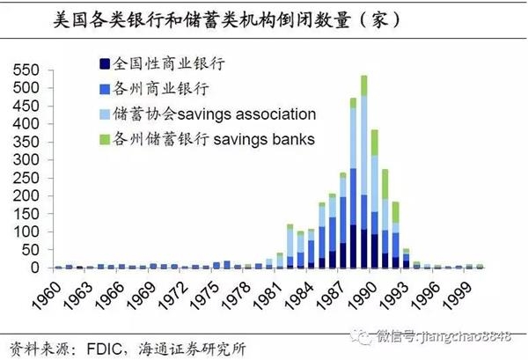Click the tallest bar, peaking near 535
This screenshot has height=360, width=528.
[363, 176]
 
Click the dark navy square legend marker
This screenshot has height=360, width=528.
[106, 64]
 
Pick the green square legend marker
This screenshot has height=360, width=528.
[106, 139]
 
